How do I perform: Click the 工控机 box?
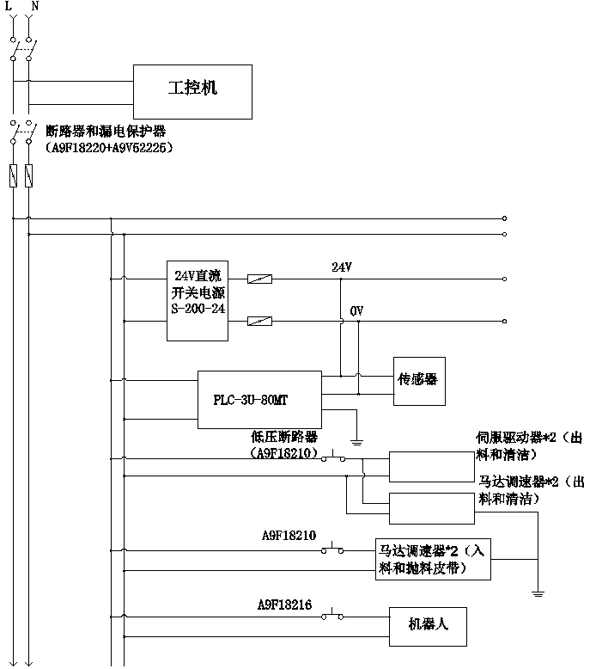(192, 89)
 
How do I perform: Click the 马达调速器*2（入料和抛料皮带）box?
(433, 560)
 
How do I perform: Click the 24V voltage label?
(342, 267)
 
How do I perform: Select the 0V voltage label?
(356, 310)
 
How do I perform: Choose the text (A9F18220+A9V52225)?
(109, 148)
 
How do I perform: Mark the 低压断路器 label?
(284, 437)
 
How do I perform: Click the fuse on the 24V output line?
(259, 279)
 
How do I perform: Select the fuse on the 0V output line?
(259, 322)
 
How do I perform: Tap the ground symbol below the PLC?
(357, 440)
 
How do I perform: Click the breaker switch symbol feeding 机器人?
(332, 616)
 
